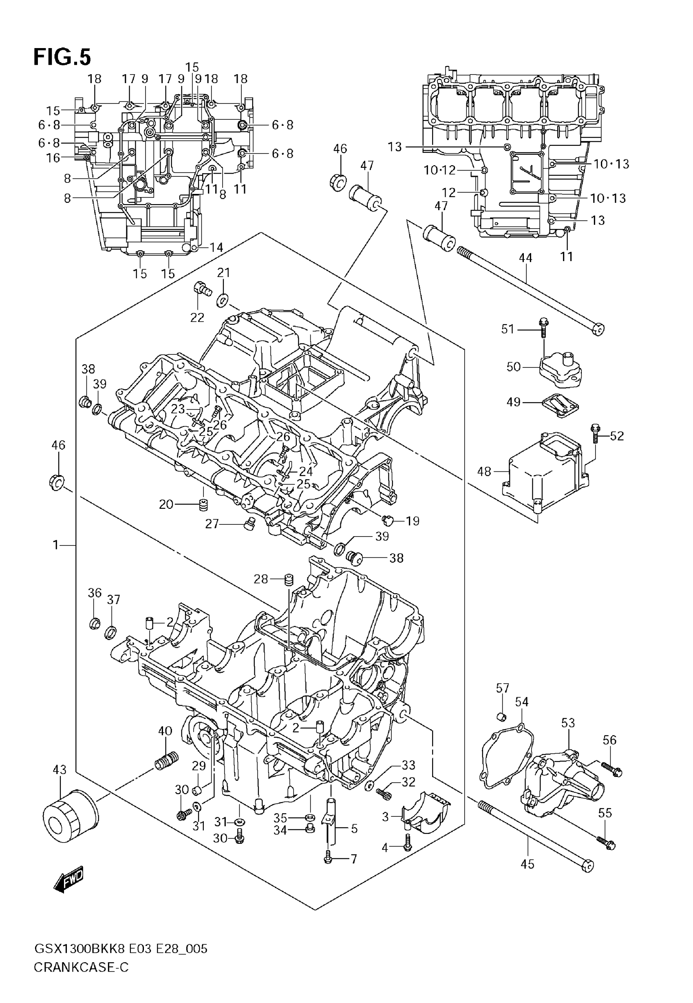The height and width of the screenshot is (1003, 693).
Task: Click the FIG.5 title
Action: pos(62,57)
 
